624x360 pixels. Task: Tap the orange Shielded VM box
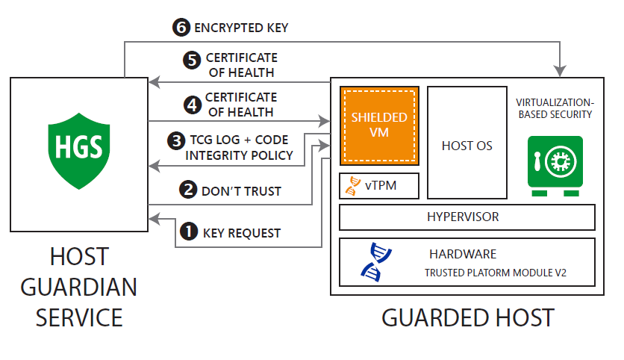coord(379,125)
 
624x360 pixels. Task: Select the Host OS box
coord(467,143)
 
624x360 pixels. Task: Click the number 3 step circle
coord(176,140)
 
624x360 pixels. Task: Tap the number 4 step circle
coord(192,104)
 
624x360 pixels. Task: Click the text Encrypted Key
coord(241,28)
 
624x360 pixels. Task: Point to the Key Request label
coord(242,234)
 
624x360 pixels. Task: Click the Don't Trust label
coord(241,191)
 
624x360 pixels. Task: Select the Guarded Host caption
coord(468,317)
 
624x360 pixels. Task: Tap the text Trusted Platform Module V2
coord(496,273)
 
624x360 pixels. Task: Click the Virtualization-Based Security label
coord(554,108)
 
